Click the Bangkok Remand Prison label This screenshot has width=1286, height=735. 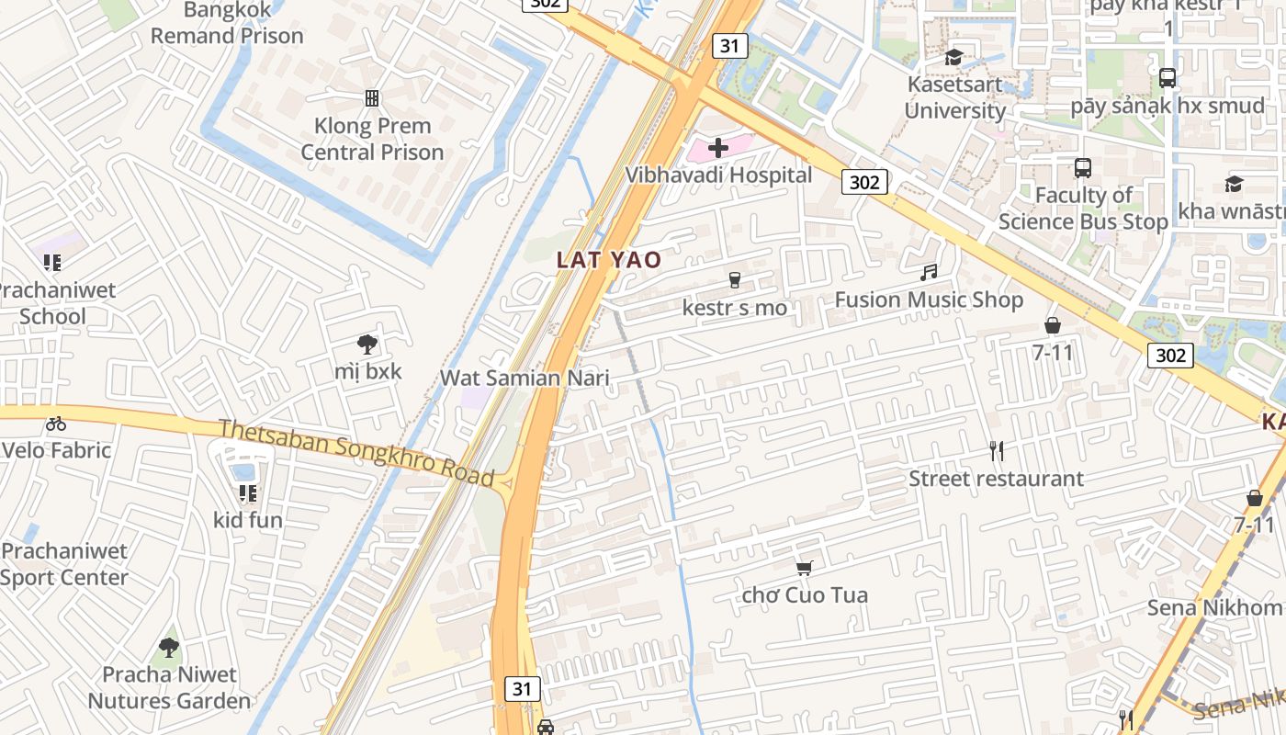(x=227, y=24)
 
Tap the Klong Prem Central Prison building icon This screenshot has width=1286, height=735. (x=372, y=97)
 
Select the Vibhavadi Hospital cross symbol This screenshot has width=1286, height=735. (x=718, y=148)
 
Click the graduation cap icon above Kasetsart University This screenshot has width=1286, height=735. (x=954, y=57)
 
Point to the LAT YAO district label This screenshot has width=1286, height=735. (x=609, y=260)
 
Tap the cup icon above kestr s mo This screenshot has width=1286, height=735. (x=734, y=280)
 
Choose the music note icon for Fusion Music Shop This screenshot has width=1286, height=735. (x=929, y=272)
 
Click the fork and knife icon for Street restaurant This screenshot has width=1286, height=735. (x=996, y=450)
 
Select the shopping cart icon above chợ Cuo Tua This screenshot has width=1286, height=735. (x=805, y=568)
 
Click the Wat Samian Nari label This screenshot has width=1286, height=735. (x=525, y=378)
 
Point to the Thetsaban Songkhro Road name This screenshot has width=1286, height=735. (x=356, y=451)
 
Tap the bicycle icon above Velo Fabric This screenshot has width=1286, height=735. (x=56, y=424)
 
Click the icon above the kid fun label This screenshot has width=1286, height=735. (x=247, y=493)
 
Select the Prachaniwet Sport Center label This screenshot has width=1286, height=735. (x=64, y=564)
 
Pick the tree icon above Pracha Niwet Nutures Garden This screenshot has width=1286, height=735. (x=168, y=647)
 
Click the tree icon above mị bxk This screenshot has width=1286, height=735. (x=367, y=345)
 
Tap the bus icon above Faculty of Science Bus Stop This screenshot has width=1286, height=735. (x=1083, y=168)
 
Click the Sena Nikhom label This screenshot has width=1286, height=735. (x=1214, y=607)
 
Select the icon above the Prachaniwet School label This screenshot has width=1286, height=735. (x=52, y=263)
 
